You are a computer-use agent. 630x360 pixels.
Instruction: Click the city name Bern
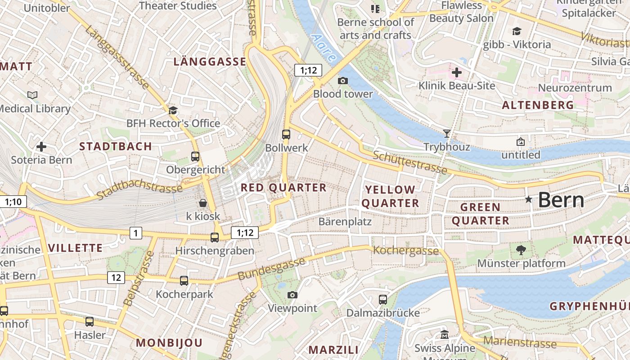coord(561,200)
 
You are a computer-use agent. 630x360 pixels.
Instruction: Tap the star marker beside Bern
coord(529,199)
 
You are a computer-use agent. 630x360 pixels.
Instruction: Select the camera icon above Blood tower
coord(343,81)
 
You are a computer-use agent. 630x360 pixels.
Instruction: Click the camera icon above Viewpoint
coord(292,295)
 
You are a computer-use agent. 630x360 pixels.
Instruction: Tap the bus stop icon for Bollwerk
coord(286,134)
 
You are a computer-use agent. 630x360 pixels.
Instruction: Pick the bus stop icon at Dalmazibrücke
coord(383,299)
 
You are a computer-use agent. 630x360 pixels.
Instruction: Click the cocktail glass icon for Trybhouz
coord(446,133)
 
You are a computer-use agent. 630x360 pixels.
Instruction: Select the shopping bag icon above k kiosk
coord(203,203)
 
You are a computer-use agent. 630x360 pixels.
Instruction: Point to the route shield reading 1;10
coord(13,202)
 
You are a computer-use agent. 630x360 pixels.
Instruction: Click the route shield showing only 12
coord(116,278)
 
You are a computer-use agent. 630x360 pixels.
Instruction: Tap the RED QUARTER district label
coord(283,188)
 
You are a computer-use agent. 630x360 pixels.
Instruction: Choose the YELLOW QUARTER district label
coord(390,196)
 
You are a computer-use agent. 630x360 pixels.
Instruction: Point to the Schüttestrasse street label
coord(410,162)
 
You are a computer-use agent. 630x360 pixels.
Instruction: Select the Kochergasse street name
coord(406,251)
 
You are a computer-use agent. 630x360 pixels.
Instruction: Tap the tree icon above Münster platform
coord(521,250)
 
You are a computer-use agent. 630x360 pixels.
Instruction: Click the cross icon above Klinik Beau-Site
coord(457,72)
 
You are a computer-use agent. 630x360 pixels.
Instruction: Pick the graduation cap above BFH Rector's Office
coord(173,110)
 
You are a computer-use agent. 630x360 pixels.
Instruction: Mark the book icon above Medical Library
coord(32,95)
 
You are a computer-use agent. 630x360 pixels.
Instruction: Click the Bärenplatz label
coord(345,221)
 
